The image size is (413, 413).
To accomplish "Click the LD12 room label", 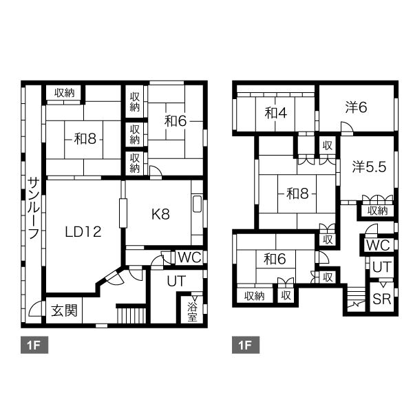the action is click(x=83, y=232).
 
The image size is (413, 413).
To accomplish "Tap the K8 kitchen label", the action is click(x=160, y=214).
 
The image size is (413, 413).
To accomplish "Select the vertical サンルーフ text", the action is click(x=34, y=208).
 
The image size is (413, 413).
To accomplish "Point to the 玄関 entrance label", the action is click(x=64, y=310).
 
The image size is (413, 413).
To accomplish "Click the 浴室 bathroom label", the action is click(x=192, y=313).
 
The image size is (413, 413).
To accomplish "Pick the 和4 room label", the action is click(x=276, y=114).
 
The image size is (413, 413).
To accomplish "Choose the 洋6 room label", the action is click(x=356, y=107).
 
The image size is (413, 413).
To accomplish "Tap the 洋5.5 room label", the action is click(x=369, y=167).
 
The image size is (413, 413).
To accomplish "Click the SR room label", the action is click(x=382, y=299).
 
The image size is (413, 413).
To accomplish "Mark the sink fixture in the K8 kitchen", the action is click(x=198, y=204).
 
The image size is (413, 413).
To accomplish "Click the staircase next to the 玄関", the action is click(x=131, y=315).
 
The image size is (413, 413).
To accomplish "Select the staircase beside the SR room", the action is click(x=356, y=299).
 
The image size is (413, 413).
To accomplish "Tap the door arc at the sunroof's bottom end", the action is click(x=34, y=309).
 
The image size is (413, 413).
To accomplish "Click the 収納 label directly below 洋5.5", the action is click(x=378, y=211).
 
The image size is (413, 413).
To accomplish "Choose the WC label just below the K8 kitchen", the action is click(x=190, y=257).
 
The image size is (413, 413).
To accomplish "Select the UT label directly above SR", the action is click(x=382, y=267).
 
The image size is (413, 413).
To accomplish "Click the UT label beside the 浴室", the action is click(x=176, y=281).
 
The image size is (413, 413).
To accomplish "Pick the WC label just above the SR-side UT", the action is click(x=378, y=245).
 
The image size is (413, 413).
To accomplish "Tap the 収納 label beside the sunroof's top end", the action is click(x=65, y=93).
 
